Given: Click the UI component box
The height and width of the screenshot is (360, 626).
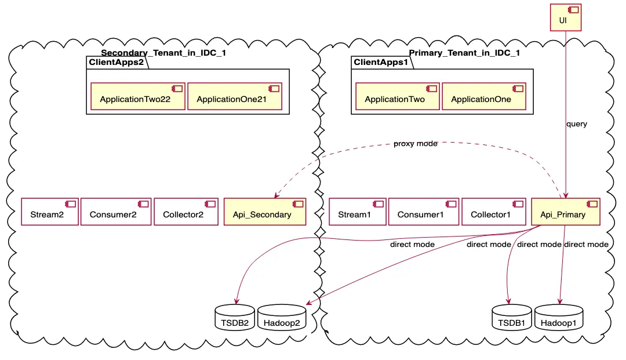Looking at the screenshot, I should (x=565, y=17).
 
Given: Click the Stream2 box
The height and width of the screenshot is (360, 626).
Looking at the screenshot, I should (x=50, y=212).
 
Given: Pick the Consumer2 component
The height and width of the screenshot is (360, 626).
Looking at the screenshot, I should (x=116, y=212).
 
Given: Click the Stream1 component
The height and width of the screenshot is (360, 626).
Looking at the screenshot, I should (x=357, y=212).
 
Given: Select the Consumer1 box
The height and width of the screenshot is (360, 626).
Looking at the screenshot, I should (x=423, y=212).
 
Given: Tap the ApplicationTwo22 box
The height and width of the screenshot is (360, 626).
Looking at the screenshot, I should (x=137, y=97).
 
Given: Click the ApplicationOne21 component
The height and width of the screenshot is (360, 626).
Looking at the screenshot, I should (x=234, y=97).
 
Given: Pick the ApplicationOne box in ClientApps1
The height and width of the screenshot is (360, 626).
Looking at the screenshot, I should (x=484, y=97).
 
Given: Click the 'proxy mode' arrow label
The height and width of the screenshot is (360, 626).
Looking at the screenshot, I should (x=416, y=144).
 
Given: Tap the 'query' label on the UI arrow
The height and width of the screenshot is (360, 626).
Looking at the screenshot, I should (x=577, y=124).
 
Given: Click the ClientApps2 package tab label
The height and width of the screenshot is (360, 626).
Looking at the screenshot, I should (x=116, y=63).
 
